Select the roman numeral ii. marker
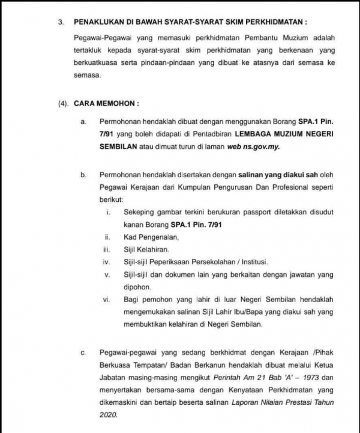[x=107, y=238]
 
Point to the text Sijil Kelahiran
[x=146, y=250]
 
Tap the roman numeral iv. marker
[x=107, y=262]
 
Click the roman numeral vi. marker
[x=107, y=299]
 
